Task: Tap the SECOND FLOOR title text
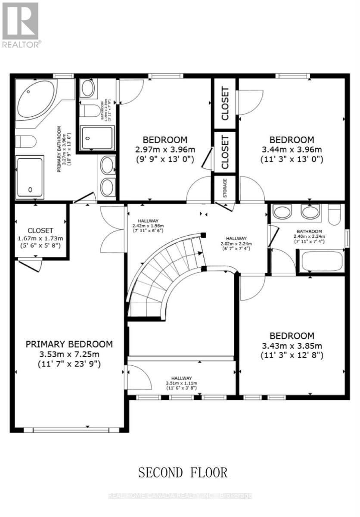coord(183,472)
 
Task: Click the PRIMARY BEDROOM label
coord(69,344)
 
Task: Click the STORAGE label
coord(225,188)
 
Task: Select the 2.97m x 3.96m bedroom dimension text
coord(165,150)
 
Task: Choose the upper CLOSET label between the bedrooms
coord(225,104)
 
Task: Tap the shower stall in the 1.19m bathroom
coord(97,138)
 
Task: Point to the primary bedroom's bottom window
coord(71,430)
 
